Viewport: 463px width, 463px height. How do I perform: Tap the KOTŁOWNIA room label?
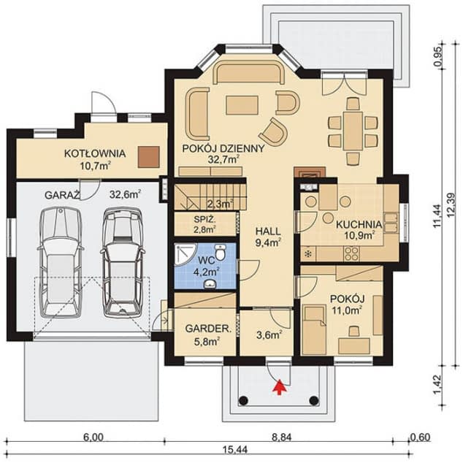pos(95,153)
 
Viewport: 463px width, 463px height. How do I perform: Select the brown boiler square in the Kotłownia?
pos(149,157)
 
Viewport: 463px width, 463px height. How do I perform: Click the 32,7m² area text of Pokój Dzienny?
pos(223,159)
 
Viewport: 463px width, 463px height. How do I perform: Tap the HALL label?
pos(268,231)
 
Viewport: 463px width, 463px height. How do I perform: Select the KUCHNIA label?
pos(359,224)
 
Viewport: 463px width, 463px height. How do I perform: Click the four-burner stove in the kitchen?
pos(351,253)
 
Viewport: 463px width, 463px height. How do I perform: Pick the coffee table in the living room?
pos(242,105)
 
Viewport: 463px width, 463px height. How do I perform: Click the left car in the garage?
pos(61,263)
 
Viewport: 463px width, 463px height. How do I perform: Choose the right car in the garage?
pos(122,263)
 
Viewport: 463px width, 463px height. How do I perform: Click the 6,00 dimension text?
pos(93,437)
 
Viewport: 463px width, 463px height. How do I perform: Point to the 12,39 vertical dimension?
pos(451,207)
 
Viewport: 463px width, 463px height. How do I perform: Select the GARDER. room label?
pos(208,329)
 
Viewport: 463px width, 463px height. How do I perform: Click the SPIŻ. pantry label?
pos(205,219)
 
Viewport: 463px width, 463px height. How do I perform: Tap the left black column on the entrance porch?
pos(243,400)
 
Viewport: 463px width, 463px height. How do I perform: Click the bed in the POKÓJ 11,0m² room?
pos(314,330)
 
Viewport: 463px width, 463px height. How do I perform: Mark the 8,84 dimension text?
pos(282,437)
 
